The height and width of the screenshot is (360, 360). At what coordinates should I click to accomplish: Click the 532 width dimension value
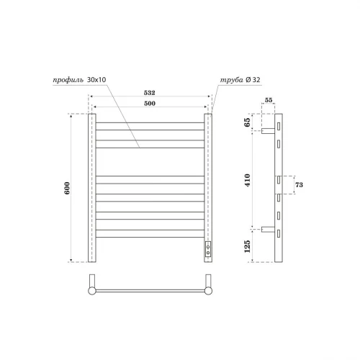click(x=150, y=93)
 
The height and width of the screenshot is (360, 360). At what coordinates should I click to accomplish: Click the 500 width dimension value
click(x=150, y=104)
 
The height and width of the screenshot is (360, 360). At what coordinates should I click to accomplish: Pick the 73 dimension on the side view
click(x=297, y=186)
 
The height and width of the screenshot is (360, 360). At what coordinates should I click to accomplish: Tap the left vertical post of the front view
click(x=91, y=188)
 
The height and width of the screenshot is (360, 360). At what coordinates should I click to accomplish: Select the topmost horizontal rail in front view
click(x=150, y=122)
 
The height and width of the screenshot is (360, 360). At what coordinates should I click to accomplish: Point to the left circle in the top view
click(x=91, y=291)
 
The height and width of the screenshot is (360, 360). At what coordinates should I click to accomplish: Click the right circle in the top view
click(x=209, y=291)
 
